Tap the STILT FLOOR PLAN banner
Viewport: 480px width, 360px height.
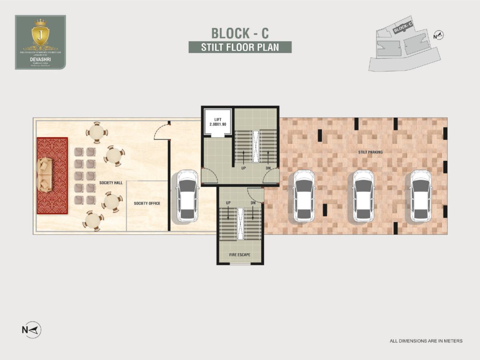click(x=240, y=47)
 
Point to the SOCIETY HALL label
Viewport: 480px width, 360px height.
click(x=111, y=182)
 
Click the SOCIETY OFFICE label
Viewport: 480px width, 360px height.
click(x=147, y=203)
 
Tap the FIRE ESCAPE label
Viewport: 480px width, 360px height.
click(x=240, y=254)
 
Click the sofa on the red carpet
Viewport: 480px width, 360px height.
click(x=44, y=175)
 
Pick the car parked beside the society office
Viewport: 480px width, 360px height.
click(x=187, y=196)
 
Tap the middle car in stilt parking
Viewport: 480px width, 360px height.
click(x=364, y=196)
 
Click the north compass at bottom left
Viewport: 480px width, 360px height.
click(x=32, y=330)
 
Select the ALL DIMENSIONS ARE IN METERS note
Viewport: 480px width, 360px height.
click(x=426, y=341)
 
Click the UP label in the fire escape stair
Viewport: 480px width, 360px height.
click(x=228, y=203)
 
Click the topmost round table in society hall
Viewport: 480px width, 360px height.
click(x=96, y=132)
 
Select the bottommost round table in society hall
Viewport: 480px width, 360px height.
click(x=93, y=221)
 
